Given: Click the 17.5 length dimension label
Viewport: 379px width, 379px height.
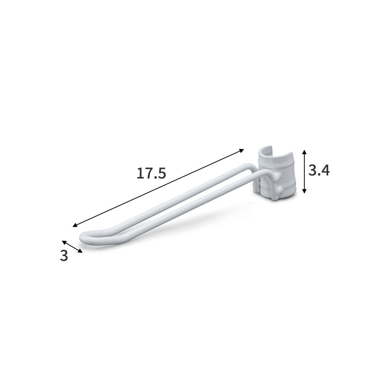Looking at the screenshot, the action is tap(151, 174).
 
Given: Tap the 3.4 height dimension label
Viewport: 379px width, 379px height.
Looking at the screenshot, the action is tap(319, 171).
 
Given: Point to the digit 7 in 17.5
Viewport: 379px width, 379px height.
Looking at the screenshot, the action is tap(148, 174).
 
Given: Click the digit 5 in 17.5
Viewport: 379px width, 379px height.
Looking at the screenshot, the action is tap(162, 174).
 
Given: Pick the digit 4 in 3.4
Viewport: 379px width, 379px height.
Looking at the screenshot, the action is tap(325, 171).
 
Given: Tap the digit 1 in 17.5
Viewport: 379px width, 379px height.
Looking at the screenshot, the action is tap(139, 174).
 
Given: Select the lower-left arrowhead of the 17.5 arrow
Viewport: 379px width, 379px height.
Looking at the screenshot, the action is tap(75, 225).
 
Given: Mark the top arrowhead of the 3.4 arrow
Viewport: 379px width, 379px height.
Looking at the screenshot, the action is tap(305, 152).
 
